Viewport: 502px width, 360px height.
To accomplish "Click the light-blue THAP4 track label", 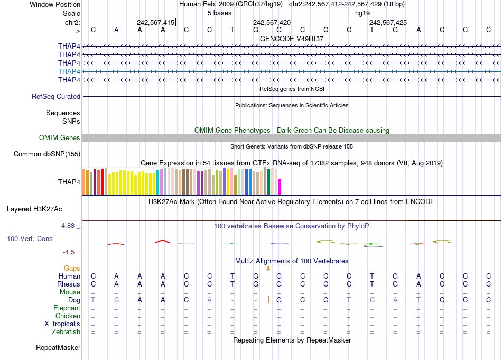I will [69, 71].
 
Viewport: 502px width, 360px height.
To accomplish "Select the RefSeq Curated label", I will [56, 96].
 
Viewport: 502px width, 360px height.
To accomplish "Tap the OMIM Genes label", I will [60, 137].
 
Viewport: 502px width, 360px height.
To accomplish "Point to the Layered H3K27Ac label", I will [43, 209].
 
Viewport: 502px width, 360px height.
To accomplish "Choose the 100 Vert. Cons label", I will [30, 239].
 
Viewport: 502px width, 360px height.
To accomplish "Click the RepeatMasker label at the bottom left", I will [58, 347].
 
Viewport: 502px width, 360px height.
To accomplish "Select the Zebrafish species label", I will [66, 332].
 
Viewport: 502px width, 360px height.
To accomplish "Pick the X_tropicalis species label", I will [62, 324].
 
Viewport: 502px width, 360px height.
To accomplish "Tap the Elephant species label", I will [67, 308].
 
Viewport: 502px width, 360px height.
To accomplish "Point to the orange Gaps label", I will [72, 269].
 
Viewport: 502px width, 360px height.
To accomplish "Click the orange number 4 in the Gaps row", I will [268, 269].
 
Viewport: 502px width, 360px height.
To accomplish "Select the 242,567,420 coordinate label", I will [272, 23].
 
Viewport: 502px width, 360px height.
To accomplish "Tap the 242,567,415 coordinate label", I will [155, 23].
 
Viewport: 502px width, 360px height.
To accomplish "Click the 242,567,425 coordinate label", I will [388, 23].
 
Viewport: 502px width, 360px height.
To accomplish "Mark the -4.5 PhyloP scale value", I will [71, 252].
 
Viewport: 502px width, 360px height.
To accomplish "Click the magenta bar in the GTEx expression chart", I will [280, 187].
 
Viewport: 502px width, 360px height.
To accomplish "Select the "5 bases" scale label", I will [219, 13].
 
